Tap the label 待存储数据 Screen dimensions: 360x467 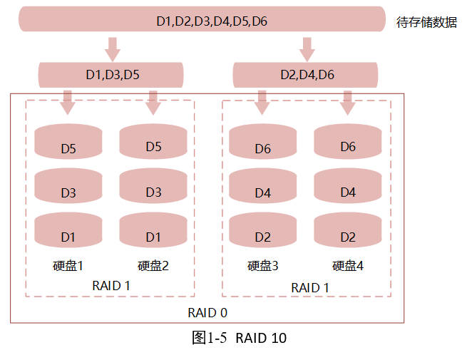pyautogui.click(x=426, y=22)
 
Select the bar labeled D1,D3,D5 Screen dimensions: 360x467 pyautogui.click(x=111, y=74)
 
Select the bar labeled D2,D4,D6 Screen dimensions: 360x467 pyautogui.click(x=307, y=74)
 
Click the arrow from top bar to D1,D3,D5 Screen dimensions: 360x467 pyautogui.click(x=112, y=48)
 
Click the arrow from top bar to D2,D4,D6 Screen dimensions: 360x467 pyautogui.click(x=307, y=48)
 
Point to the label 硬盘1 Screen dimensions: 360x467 pyautogui.click(x=68, y=266)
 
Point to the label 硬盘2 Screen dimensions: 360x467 pyautogui.click(x=153, y=266)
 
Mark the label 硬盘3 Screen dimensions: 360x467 pyautogui.click(x=262, y=266)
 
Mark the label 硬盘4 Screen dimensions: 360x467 pyautogui.click(x=348, y=266)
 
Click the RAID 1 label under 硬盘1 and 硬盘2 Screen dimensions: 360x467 pyautogui.click(x=111, y=285)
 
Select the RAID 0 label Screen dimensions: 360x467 pyautogui.click(x=207, y=312)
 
